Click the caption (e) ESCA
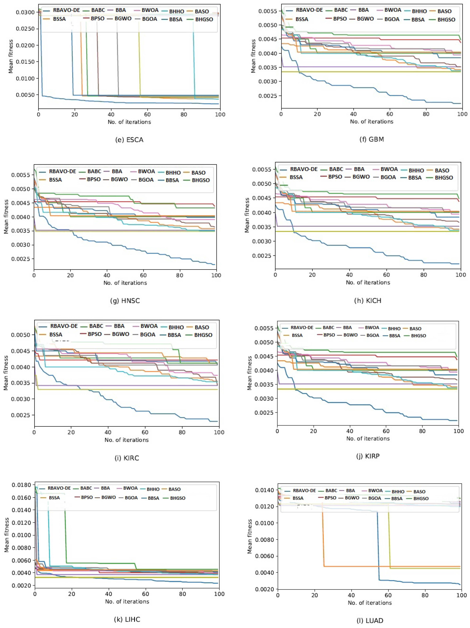(x=129, y=140)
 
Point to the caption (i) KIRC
(x=127, y=458)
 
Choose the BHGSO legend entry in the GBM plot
(x=446, y=20)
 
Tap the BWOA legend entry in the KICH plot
(x=389, y=169)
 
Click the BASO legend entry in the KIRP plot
(x=415, y=329)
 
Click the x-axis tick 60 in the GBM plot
(x=390, y=114)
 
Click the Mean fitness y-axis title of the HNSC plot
(x=6, y=217)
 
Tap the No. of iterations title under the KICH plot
(x=368, y=282)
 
